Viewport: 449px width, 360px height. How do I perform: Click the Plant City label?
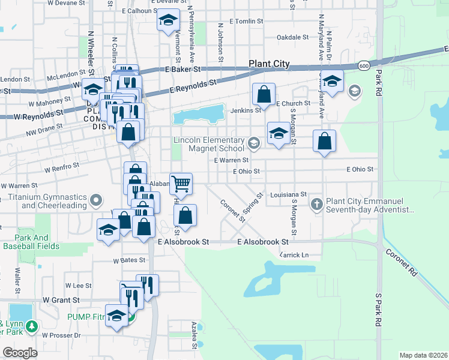270,64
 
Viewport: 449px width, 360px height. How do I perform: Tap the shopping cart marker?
181,184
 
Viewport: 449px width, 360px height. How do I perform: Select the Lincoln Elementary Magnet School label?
209,144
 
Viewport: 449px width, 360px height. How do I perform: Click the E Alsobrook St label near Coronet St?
264,242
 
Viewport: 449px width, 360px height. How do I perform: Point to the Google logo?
20,352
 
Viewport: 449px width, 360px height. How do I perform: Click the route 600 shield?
364,65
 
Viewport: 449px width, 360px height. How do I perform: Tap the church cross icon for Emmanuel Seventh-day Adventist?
317,205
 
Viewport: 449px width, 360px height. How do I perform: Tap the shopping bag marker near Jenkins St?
264,94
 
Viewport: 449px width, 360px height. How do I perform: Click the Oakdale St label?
292,37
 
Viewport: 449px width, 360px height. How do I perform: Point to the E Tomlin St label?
241,21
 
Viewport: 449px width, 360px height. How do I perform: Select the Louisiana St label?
288,195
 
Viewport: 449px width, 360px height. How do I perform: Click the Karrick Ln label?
294,255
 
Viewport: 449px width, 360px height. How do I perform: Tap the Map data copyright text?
423,355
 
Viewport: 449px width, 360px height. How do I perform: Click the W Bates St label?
130,260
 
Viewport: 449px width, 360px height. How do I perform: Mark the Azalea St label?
194,335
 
